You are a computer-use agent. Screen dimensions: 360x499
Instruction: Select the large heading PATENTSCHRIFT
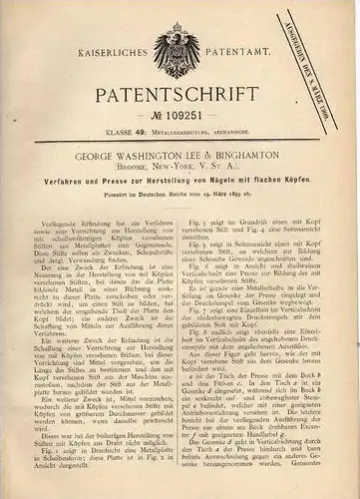[180, 88]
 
